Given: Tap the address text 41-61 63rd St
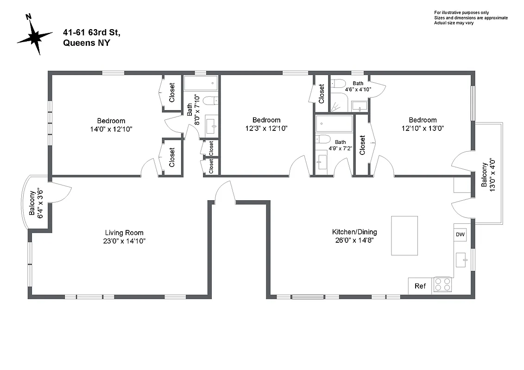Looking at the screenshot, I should (92, 32).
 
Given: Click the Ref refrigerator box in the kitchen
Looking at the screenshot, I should (420, 286).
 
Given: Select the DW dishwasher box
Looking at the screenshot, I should (460, 234).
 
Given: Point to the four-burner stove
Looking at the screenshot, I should (442, 284).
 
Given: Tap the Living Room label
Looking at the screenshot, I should (124, 233).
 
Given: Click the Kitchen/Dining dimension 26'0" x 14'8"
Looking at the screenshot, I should (354, 240).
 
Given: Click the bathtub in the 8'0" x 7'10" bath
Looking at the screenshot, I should (201, 84).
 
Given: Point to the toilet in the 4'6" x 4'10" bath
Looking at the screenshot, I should (339, 84).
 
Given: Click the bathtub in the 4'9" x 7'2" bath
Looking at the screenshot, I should (334, 123).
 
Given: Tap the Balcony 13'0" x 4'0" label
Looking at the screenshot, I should (487, 174).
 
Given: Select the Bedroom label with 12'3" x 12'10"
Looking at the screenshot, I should (266, 120).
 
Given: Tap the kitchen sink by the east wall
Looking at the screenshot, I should (462, 259).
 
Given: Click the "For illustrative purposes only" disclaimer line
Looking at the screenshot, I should (461, 12).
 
